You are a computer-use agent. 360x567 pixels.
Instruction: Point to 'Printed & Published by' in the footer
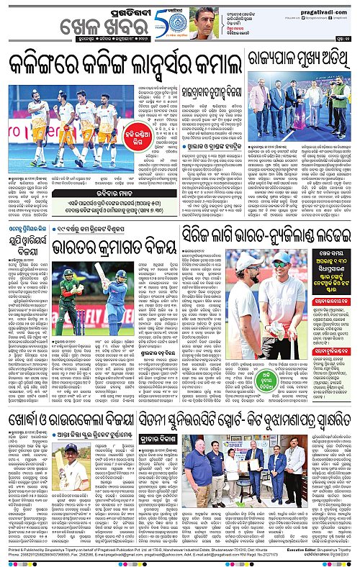pos(25,548)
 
